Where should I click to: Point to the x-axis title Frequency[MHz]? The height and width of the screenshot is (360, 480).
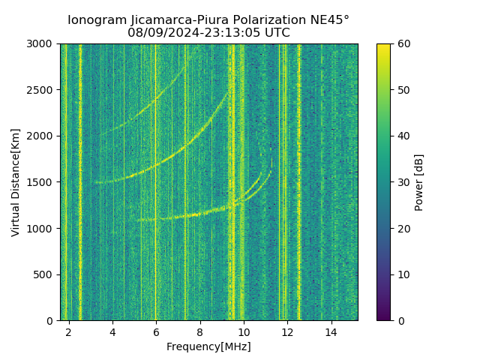208,346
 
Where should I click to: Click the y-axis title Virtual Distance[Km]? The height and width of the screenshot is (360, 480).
16,182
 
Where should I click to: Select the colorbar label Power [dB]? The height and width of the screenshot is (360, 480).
419,182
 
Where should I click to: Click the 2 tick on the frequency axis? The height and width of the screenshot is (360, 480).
69,331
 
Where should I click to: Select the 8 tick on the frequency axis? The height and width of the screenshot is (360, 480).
200,331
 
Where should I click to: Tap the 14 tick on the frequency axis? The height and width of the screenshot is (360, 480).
331,331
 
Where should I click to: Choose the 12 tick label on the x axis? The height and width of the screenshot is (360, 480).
287,331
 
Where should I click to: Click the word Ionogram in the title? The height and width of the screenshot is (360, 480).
95,20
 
